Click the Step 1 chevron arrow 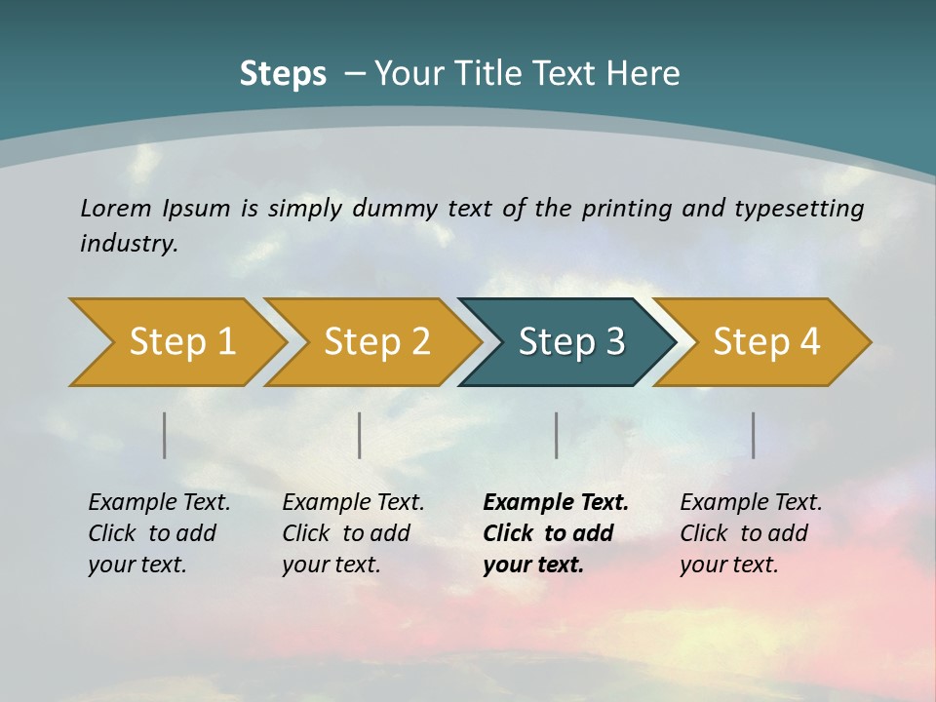pyautogui.click(x=181, y=342)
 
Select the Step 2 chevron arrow pyautogui.click(x=376, y=342)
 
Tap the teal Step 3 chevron pyautogui.click(x=571, y=342)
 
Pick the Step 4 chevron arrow pyautogui.click(x=766, y=342)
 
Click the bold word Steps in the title pyautogui.click(x=283, y=73)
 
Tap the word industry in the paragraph pyautogui.click(x=129, y=243)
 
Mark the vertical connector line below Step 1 pyautogui.click(x=165, y=435)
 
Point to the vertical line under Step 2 pyautogui.click(x=360, y=435)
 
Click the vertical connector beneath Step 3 pyautogui.click(x=557, y=435)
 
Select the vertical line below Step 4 pyautogui.click(x=754, y=435)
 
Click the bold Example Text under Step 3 pyautogui.click(x=556, y=502)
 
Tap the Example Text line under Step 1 pyautogui.click(x=159, y=502)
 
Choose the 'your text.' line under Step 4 pyautogui.click(x=728, y=565)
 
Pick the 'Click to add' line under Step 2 pyautogui.click(x=346, y=533)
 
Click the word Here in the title pyautogui.click(x=647, y=73)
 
